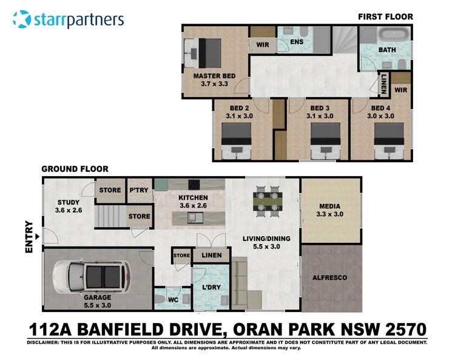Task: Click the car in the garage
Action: point(92,277)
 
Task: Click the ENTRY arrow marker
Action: point(37,237)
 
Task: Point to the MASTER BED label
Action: point(214,76)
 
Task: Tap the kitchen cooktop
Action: point(194,185)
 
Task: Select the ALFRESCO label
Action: point(329,278)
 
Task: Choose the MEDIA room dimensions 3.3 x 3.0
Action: point(329,214)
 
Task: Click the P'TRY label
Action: point(139,190)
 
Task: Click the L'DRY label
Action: point(211,287)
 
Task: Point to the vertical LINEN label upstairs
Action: point(383,84)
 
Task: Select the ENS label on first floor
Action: point(297,42)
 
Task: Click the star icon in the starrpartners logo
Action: point(21,19)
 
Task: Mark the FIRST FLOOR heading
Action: point(385,17)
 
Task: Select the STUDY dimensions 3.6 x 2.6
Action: point(69,210)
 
